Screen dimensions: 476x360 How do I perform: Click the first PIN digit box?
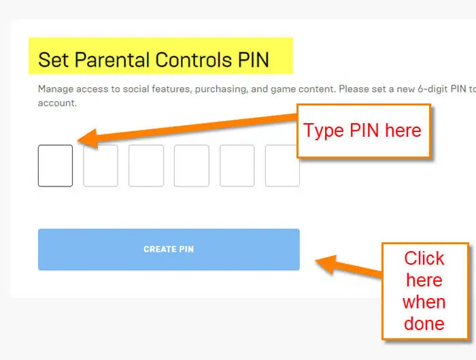(x=55, y=165)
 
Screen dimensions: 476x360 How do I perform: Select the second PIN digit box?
(x=101, y=165)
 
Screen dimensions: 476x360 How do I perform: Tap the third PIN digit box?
(x=146, y=165)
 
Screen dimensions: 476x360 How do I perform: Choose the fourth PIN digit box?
(x=192, y=165)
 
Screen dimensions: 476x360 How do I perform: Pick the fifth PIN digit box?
(x=237, y=165)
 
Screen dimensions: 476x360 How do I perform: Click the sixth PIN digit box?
(x=282, y=165)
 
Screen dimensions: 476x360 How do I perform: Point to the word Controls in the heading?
(x=194, y=59)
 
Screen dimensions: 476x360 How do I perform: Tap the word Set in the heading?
(x=54, y=59)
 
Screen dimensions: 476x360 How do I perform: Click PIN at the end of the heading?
(x=254, y=59)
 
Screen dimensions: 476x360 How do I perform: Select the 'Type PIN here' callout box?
(x=364, y=131)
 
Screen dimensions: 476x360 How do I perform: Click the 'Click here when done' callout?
(x=425, y=291)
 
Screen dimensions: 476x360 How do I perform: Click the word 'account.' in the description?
(x=57, y=103)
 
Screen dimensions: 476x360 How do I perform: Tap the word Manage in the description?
(x=56, y=89)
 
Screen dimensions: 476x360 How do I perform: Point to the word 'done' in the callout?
(x=424, y=323)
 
